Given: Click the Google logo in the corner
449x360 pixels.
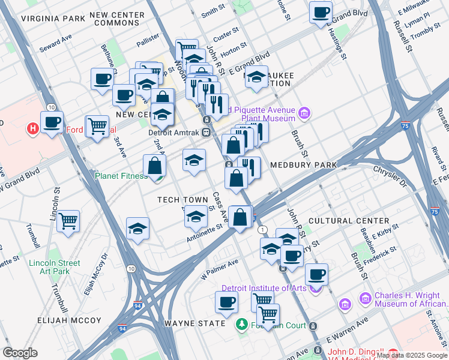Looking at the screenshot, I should tap(20, 353).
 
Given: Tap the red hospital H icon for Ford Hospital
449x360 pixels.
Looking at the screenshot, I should tap(33, 128).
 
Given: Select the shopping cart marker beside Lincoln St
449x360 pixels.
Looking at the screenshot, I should tap(68, 220).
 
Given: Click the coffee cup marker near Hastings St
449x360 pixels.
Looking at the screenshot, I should tap(321, 12).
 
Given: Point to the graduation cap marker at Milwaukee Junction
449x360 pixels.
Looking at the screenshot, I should tap(256, 77).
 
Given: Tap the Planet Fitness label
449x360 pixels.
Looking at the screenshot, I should tap(121, 176).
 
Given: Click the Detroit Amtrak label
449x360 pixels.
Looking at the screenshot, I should tap(174, 133).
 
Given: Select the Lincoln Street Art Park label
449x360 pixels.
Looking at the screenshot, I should tap(55, 268).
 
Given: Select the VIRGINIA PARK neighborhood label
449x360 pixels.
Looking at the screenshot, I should tap(53, 19).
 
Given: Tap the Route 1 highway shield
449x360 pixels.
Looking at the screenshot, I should tap(262, 230).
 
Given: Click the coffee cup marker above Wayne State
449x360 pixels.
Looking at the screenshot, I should tap(226, 302).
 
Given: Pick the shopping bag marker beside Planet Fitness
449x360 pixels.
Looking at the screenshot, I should tap(154, 166).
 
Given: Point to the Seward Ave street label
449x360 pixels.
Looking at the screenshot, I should tap(56, 43).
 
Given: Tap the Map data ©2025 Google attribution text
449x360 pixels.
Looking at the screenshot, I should tap(412, 355).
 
